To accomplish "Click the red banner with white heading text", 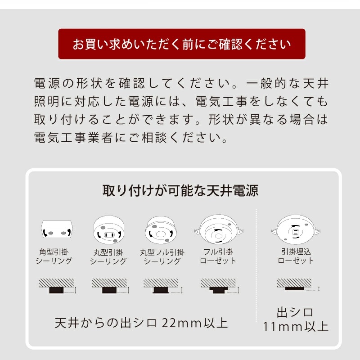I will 182,44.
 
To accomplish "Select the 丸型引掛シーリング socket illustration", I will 108,230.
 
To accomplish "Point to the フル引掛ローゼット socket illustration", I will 218,229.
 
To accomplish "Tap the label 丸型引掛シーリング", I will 108,256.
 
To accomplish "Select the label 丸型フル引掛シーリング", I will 161,256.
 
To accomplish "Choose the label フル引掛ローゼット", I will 218,256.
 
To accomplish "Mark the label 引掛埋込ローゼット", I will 296,256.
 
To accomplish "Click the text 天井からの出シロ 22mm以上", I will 141,323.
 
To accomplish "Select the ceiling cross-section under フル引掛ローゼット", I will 218,286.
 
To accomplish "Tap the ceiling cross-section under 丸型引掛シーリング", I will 108,286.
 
